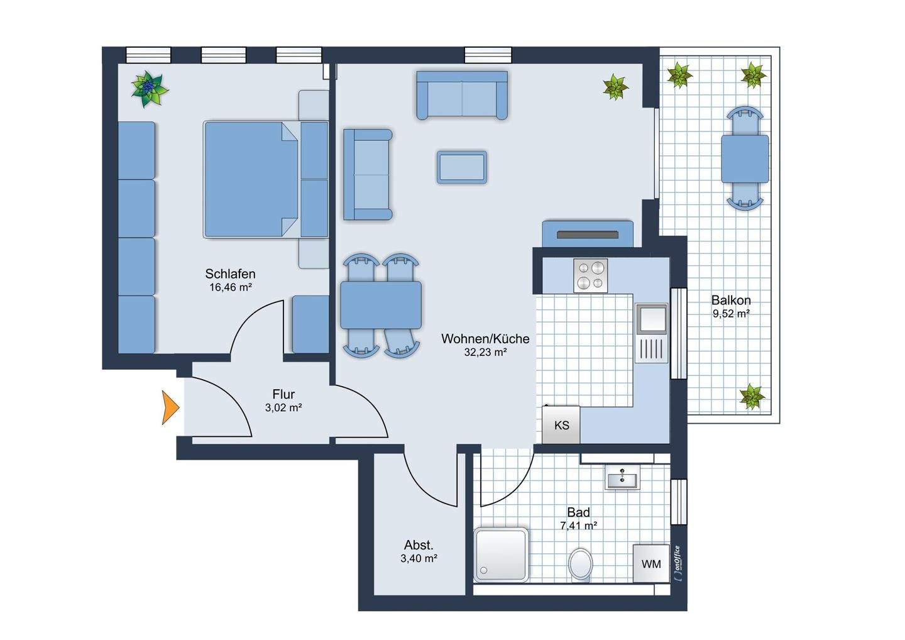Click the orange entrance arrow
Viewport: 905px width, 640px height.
click(x=169, y=407)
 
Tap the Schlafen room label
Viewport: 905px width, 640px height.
click(x=230, y=274)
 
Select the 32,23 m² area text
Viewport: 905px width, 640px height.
click(x=485, y=352)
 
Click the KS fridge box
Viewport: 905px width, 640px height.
click(x=561, y=424)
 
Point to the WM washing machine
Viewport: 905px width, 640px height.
click(x=651, y=564)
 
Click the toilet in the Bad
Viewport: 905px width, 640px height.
click(x=581, y=565)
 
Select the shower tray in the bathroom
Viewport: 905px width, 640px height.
click(x=501, y=554)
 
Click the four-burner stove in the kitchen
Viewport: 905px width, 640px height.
click(x=590, y=275)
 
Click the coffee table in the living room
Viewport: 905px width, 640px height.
click(x=462, y=167)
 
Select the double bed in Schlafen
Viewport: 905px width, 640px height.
click(x=251, y=179)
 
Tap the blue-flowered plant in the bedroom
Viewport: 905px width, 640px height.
click(x=149, y=89)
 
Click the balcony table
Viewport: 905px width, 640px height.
click(x=745, y=159)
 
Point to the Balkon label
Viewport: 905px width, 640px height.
click(x=731, y=301)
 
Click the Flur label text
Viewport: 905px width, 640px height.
click(x=283, y=394)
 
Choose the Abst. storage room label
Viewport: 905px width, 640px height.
click(x=419, y=545)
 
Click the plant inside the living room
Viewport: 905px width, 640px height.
click(x=615, y=87)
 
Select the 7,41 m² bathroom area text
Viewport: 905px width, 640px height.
click(x=579, y=526)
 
